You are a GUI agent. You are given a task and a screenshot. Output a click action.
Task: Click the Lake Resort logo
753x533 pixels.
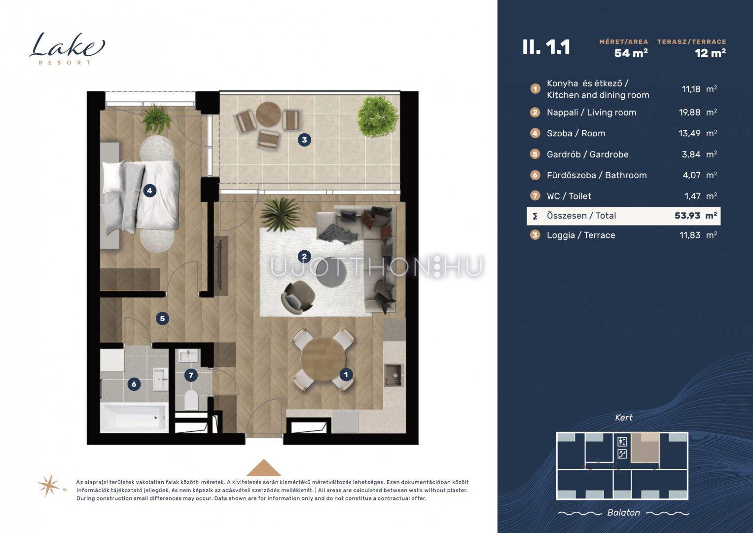click(x=67, y=48)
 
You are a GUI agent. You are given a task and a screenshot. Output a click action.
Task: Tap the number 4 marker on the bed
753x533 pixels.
click(x=149, y=191)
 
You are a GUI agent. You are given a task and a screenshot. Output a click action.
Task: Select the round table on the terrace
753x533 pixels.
click(x=268, y=114)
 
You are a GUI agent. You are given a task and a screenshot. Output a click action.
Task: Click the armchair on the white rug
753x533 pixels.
click(x=297, y=298)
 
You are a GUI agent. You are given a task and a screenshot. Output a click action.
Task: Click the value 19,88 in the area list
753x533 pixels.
click(x=689, y=113)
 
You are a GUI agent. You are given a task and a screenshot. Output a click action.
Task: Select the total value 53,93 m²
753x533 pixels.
click(x=695, y=216)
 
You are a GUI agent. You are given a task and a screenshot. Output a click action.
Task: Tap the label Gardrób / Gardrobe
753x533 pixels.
click(x=588, y=154)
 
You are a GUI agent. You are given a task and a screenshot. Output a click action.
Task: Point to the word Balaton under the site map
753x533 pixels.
click(x=624, y=512)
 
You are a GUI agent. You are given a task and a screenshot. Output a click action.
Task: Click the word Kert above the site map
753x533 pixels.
click(x=624, y=418)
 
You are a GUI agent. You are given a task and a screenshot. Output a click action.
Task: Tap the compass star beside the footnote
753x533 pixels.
click(x=49, y=485)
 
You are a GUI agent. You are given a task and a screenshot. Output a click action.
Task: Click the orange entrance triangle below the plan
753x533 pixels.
click(x=263, y=467)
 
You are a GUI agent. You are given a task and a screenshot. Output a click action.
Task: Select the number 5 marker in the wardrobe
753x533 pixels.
click(x=162, y=318)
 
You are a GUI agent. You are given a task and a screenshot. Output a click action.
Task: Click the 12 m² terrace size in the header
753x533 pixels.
click(x=710, y=53)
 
